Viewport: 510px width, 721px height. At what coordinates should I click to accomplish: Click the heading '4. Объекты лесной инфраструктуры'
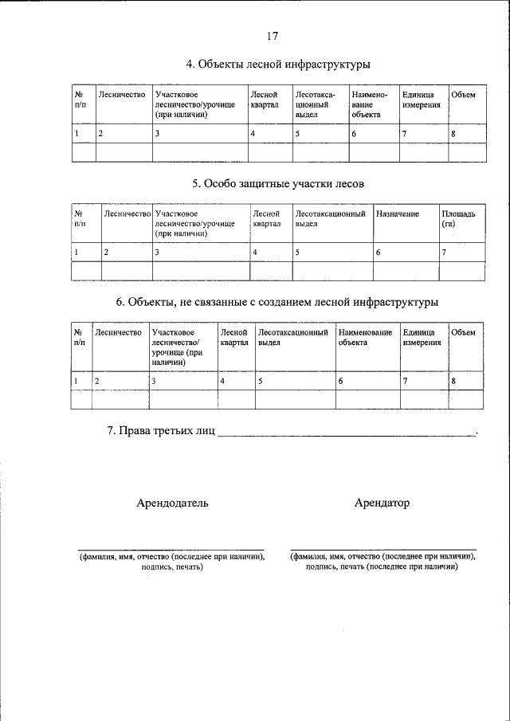(x=277, y=65)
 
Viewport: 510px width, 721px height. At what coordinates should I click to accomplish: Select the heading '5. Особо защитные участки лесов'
(x=277, y=183)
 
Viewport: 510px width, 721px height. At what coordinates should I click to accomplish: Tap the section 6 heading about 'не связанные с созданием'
(x=277, y=303)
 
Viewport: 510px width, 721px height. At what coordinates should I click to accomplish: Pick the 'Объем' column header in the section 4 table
(x=463, y=95)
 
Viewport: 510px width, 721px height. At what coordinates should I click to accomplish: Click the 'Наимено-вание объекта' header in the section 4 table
(x=368, y=104)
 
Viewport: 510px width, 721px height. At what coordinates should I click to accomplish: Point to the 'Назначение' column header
(x=398, y=214)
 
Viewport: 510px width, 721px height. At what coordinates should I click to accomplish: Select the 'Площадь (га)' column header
(x=458, y=219)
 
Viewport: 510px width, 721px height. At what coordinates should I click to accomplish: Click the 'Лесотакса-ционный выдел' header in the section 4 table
(x=314, y=104)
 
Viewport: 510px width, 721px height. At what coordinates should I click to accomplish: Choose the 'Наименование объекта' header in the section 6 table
(x=364, y=338)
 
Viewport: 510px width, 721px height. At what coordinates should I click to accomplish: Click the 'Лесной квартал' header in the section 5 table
(x=266, y=219)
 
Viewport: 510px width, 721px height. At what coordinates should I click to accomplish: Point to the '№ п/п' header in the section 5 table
(x=80, y=219)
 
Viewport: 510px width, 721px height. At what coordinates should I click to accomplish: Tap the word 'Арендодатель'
(x=172, y=503)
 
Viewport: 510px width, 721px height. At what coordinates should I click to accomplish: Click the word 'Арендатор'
(x=382, y=503)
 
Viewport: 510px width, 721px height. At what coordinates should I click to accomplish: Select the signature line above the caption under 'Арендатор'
(x=383, y=549)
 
